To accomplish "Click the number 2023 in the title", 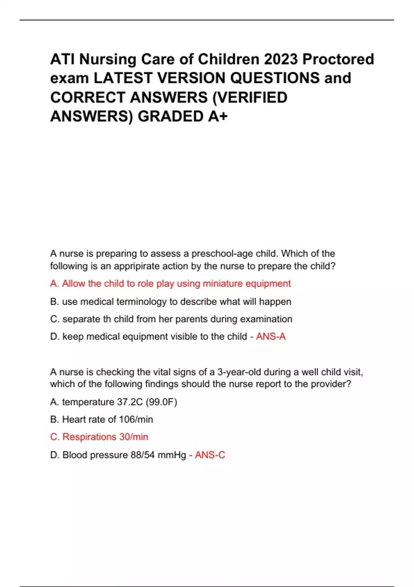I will click(281, 59).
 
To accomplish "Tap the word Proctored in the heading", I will click(338, 59).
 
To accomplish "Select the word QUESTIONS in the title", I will click(275, 78).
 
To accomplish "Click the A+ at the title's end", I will click(218, 116).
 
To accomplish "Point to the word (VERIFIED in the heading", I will click(249, 97).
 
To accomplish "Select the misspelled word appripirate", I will click(136, 266).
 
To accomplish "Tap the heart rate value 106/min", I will click(136, 420).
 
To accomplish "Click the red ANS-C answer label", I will click(210, 455).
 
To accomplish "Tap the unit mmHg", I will click(172, 455).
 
